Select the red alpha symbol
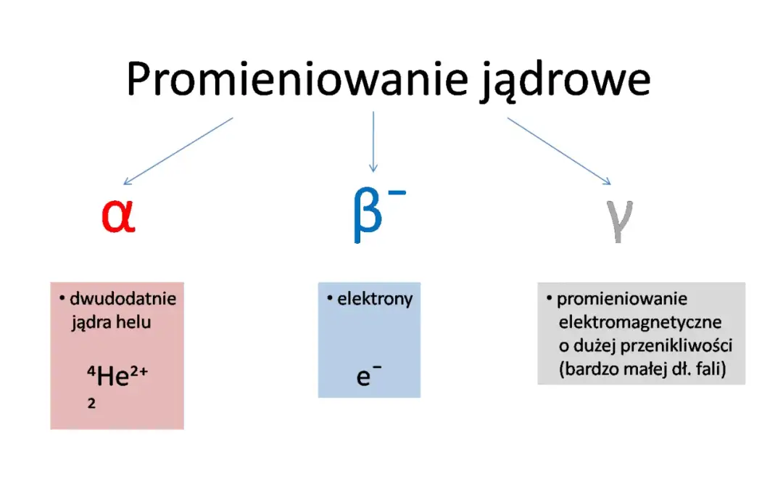[x=118, y=216]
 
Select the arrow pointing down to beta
[x=373, y=142]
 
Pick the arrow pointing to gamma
[x=558, y=151]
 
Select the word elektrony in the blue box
[x=375, y=298]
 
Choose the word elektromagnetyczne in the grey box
[x=640, y=322]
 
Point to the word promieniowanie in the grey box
[x=622, y=298]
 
